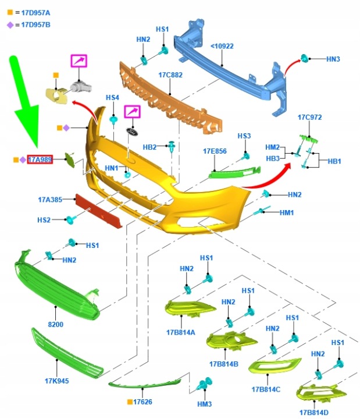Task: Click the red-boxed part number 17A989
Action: (x=40, y=159)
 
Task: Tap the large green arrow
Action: (x=24, y=102)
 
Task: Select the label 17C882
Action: (x=170, y=75)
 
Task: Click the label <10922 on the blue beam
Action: (x=222, y=46)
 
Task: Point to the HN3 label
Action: (x=333, y=59)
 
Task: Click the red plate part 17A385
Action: (x=99, y=211)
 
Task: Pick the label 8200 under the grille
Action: (x=56, y=324)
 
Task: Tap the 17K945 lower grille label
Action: (x=57, y=381)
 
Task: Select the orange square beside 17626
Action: (x=130, y=402)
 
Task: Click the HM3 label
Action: (x=204, y=404)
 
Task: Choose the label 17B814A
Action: (x=181, y=332)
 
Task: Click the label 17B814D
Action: (x=314, y=413)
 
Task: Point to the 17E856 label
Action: (x=215, y=151)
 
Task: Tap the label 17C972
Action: (x=310, y=118)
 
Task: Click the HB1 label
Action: (x=334, y=161)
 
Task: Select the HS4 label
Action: (x=112, y=98)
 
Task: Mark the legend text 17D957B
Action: (x=36, y=25)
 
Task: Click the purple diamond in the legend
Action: (x=10, y=25)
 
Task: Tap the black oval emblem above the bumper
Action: (x=131, y=132)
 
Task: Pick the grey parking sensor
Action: (x=81, y=87)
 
